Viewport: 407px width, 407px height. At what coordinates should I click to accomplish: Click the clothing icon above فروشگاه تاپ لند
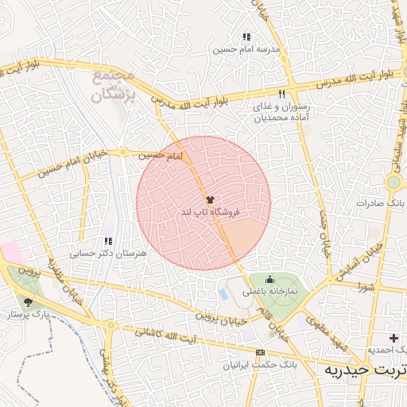[x=210, y=200]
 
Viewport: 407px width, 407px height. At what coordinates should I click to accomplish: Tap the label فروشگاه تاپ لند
[x=210, y=212]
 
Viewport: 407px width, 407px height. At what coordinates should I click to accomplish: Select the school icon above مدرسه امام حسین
[x=246, y=37]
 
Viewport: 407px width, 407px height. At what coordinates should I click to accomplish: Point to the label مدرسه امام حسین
[x=246, y=49]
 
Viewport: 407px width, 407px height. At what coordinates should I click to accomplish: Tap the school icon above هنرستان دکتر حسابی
[x=108, y=241]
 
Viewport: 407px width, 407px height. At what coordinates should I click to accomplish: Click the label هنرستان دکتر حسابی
[x=108, y=254]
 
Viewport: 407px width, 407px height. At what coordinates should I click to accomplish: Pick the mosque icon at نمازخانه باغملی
[x=269, y=279]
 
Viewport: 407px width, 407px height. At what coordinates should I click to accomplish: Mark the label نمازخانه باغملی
[x=269, y=292]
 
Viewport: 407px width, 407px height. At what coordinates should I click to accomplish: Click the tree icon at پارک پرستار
[x=29, y=303]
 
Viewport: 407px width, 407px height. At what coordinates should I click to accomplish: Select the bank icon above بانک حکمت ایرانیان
[x=260, y=352]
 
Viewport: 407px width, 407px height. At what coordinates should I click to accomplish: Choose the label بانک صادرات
[x=376, y=203]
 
